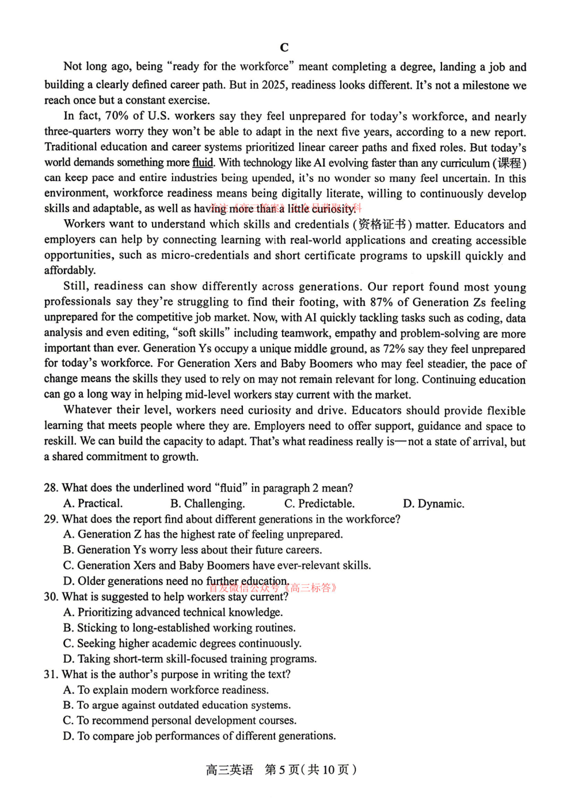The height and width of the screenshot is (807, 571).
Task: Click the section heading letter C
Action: click(284, 47)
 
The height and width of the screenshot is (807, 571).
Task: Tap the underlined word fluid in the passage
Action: click(203, 163)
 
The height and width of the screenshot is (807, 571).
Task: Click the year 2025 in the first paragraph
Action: click(274, 85)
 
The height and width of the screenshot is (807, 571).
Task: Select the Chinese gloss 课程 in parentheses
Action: click(509, 163)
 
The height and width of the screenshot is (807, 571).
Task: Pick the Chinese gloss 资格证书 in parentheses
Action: click(382, 224)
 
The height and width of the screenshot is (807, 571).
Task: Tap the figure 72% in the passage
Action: click(394, 349)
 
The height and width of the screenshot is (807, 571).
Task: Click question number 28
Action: click(51, 488)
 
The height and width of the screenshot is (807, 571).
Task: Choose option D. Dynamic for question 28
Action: click(433, 504)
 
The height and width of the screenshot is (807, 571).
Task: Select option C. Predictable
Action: click(319, 504)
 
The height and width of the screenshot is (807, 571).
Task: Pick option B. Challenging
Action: click(207, 504)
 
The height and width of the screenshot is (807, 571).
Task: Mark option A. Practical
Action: click(93, 504)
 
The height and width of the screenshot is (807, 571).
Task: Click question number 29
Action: click(51, 519)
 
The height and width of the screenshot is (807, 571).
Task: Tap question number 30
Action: click(51, 597)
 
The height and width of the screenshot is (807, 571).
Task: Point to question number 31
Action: click(51, 674)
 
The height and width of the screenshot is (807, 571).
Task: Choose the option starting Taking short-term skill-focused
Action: click(190, 659)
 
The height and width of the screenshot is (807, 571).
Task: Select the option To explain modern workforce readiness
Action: click(166, 690)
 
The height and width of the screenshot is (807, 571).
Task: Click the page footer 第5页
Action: click(282, 770)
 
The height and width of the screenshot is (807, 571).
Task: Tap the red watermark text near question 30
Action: click(273, 588)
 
